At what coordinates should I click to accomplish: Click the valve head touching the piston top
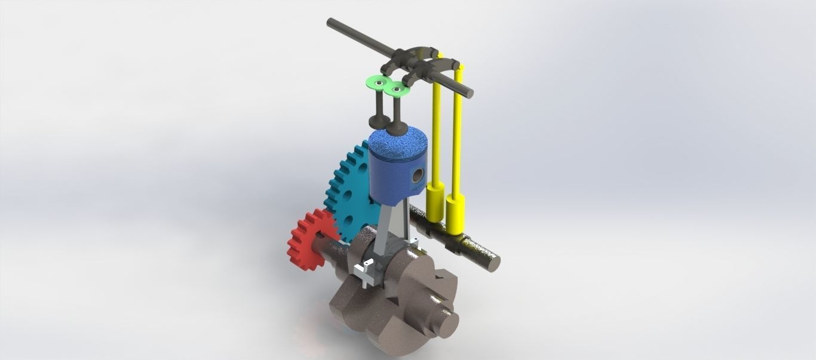[395, 126]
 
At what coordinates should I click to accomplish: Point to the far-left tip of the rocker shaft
[330, 23]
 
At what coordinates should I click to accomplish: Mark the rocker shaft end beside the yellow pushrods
[469, 93]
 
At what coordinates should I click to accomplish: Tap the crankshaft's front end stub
[448, 322]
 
